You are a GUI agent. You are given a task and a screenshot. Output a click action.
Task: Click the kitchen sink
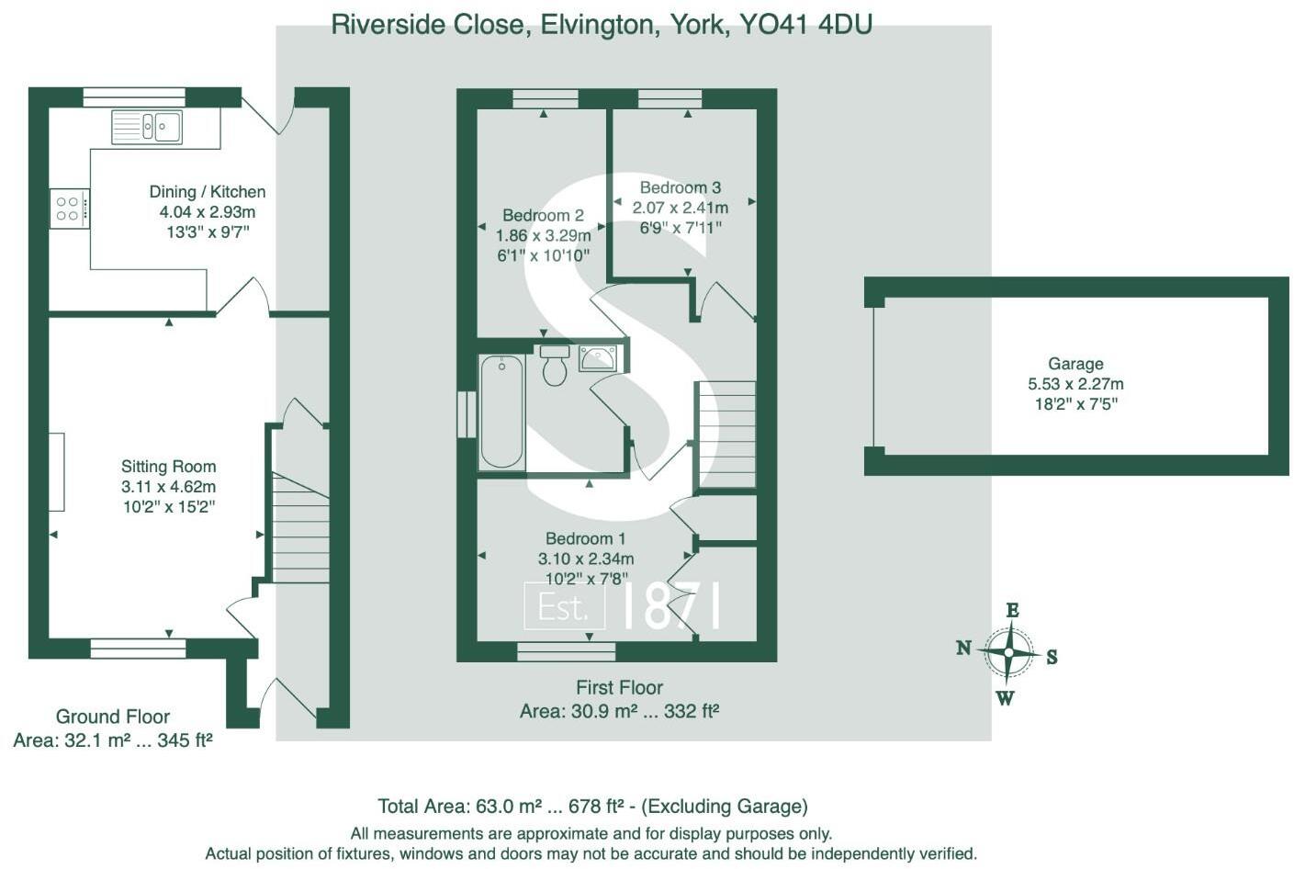pyautogui.click(x=147, y=127)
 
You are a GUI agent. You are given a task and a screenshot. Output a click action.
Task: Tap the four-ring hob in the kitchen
pyautogui.click(x=68, y=208)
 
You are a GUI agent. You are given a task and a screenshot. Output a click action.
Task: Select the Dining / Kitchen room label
pyautogui.click(x=208, y=192)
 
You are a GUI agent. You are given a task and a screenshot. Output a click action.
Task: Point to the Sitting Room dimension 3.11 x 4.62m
pyautogui.click(x=169, y=487)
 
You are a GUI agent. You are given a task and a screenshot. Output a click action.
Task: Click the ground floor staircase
pyautogui.click(x=301, y=528)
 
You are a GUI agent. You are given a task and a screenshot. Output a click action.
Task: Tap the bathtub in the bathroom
pyautogui.click(x=501, y=412)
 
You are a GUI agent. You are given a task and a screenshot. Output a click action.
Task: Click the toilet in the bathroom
pyautogui.click(x=555, y=366)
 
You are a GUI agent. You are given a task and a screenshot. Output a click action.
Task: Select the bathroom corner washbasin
pyautogui.click(x=598, y=358)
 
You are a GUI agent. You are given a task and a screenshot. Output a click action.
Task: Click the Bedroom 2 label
pyautogui.click(x=543, y=215)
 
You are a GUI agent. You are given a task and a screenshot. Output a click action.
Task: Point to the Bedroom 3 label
pyautogui.click(x=681, y=187)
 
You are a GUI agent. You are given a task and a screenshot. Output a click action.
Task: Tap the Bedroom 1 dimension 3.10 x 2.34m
pyautogui.click(x=586, y=559)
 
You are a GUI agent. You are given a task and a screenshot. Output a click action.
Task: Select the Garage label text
pyautogui.click(x=1075, y=364)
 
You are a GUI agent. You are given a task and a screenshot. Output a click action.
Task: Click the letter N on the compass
pyautogui.click(x=963, y=648)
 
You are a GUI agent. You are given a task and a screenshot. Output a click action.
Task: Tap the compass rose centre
pyautogui.click(x=1008, y=653)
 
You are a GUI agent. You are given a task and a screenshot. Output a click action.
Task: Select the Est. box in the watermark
pyautogui.click(x=564, y=607)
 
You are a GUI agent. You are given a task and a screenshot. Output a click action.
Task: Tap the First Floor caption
pyautogui.click(x=619, y=687)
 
